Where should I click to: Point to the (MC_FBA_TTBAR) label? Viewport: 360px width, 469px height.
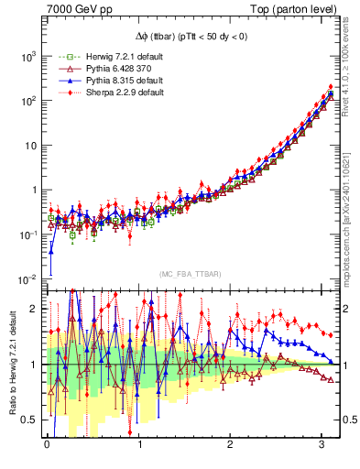click(x=190, y=275)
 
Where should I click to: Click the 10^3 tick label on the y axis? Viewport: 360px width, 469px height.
click(x=28, y=57)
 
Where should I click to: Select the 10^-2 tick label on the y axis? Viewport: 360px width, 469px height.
click(x=28, y=279)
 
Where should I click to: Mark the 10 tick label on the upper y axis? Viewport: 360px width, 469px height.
click(x=30, y=146)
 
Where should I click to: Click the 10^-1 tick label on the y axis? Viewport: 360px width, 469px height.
click(x=28, y=234)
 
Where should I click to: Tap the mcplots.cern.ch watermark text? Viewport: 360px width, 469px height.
click(x=349, y=220)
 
